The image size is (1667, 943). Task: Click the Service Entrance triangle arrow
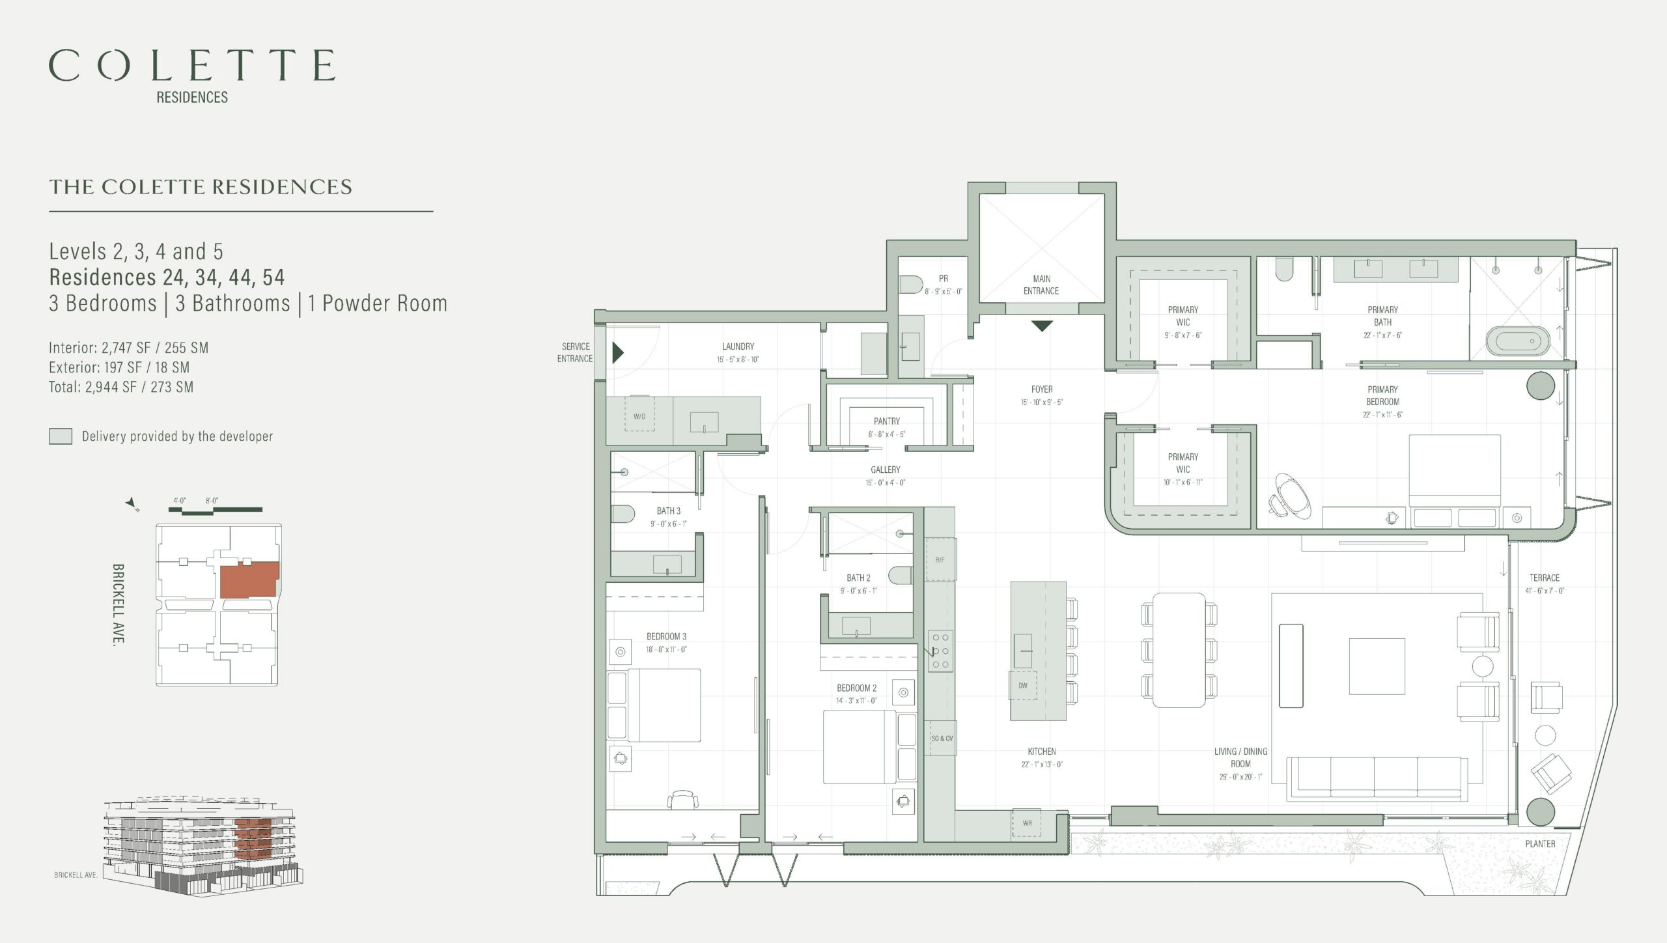618,353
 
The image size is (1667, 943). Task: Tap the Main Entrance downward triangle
1042,326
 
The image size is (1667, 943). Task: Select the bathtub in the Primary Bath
1518,341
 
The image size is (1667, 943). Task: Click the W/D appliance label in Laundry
639,417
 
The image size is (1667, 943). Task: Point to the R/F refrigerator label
940,560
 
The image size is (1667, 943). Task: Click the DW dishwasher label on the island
1023,686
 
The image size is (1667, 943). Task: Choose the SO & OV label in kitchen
942,739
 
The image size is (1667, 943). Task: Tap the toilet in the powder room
912,285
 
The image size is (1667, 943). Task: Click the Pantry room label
887,421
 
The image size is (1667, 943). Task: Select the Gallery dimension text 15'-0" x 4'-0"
886,483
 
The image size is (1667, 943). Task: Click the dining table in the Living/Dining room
1179,650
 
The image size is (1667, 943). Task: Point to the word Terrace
1545,578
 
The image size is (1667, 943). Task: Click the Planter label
1540,844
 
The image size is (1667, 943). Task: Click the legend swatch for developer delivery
61,436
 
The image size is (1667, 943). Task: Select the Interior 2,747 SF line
129,348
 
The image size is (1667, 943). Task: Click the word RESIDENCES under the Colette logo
192,97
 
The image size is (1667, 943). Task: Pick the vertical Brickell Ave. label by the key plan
118,604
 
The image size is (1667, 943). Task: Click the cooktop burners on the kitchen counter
940,651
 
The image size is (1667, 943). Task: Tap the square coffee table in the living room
1377,666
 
